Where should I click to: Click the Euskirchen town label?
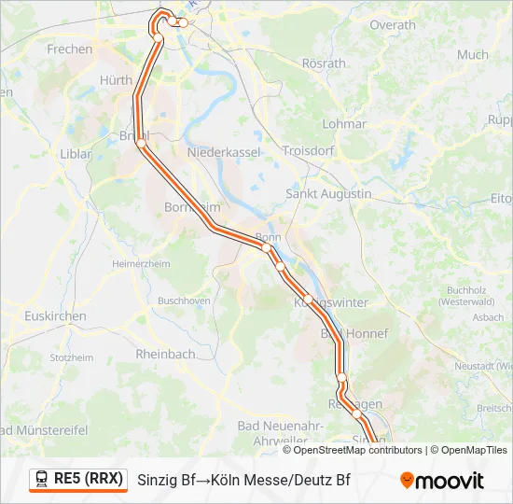(x=56, y=316)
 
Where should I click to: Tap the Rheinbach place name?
(x=165, y=354)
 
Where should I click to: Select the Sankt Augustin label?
(x=328, y=194)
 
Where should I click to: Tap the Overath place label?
(x=393, y=25)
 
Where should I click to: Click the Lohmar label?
(x=344, y=123)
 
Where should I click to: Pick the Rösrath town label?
(x=323, y=64)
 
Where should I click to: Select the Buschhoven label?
(x=184, y=301)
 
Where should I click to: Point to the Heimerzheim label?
(x=141, y=264)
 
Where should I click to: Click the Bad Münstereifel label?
(x=43, y=430)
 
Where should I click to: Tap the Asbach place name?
(x=489, y=317)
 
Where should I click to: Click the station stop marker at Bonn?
(x=266, y=247)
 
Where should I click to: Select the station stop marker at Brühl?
(x=141, y=143)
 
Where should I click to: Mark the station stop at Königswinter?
(x=308, y=299)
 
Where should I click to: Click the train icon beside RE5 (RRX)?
(x=42, y=480)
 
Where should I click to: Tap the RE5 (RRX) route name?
(x=88, y=480)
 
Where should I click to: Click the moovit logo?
(x=442, y=481)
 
